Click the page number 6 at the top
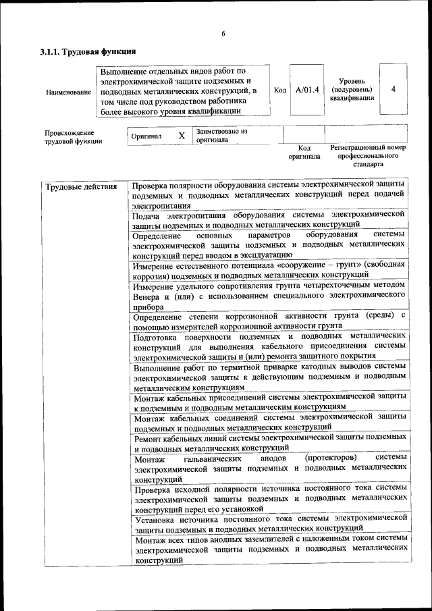[x=223, y=34]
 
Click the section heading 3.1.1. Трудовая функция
[x=88, y=52]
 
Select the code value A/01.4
[x=306, y=89]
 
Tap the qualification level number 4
[x=393, y=89]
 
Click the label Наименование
[x=68, y=91]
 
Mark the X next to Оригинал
[x=182, y=136]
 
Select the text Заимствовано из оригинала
[x=221, y=136]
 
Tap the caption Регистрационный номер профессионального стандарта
[x=368, y=155]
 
